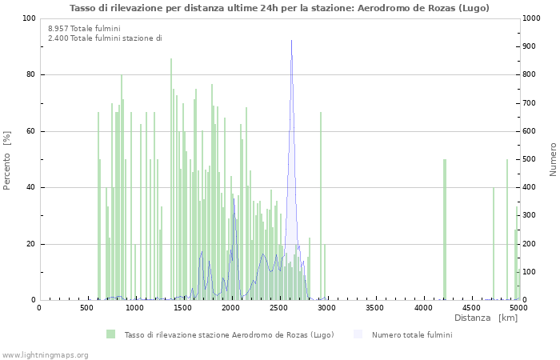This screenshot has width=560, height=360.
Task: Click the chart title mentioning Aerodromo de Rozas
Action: click(x=279, y=8)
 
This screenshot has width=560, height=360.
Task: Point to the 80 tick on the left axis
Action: click(x=30, y=75)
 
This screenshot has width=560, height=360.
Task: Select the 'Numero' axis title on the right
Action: click(x=553, y=159)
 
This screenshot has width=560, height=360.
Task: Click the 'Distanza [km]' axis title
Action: click(x=486, y=318)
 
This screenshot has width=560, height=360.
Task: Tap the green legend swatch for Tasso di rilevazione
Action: click(x=110, y=334)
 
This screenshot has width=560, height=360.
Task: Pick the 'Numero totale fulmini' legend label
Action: click(x=411, y=334)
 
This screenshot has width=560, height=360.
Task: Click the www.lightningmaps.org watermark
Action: click(x=45, y=354)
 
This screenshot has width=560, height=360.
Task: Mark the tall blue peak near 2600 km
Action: click(x=291, y=42)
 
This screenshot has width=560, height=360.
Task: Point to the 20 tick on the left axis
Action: click(x=30, y=244)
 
